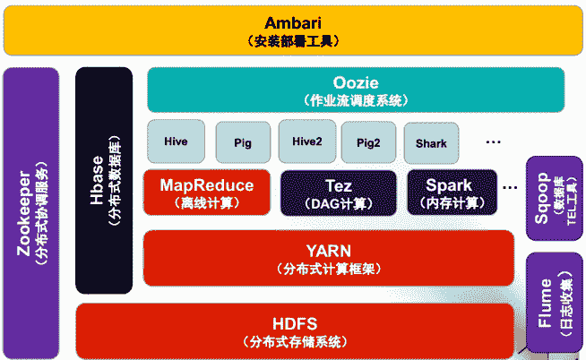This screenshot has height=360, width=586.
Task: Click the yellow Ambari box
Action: coord(293,30)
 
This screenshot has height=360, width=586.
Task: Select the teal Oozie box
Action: coord(356,90)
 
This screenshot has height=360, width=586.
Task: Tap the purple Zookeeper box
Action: coord(31,212)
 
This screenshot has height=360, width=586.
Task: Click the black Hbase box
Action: coord(104,180)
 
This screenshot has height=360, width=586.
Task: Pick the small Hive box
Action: coord(176,141)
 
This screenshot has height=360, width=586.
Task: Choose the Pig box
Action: coord(243,142)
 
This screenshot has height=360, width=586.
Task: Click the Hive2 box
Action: coord(306,141)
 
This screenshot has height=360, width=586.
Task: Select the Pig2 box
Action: coord(368,142)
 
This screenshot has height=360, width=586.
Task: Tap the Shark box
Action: coord(431,142)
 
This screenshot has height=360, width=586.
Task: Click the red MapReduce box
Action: coord(207,193)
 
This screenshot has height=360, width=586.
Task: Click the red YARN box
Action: coord(328,258)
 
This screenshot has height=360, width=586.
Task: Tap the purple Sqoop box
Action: coord(554,198)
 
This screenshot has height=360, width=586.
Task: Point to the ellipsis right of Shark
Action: coord(494,141)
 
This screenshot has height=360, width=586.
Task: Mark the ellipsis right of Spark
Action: coord(511,187)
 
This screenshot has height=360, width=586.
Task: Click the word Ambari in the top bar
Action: coord(293,22)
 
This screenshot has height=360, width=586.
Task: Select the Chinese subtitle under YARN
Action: coord(328,268)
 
